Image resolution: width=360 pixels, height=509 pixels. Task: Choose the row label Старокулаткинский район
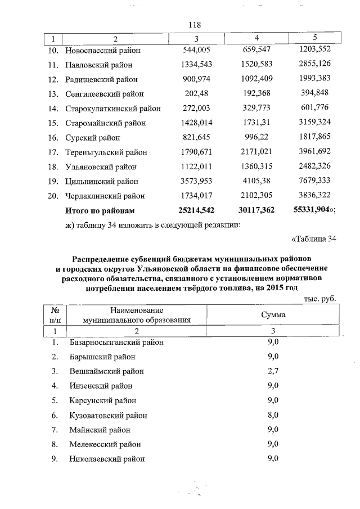tap(113, 108)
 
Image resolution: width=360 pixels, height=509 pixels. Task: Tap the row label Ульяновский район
tap(101, 166)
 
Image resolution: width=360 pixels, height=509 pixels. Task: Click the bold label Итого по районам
tap(101, 210)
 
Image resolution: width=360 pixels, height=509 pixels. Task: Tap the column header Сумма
tap(273, 315)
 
